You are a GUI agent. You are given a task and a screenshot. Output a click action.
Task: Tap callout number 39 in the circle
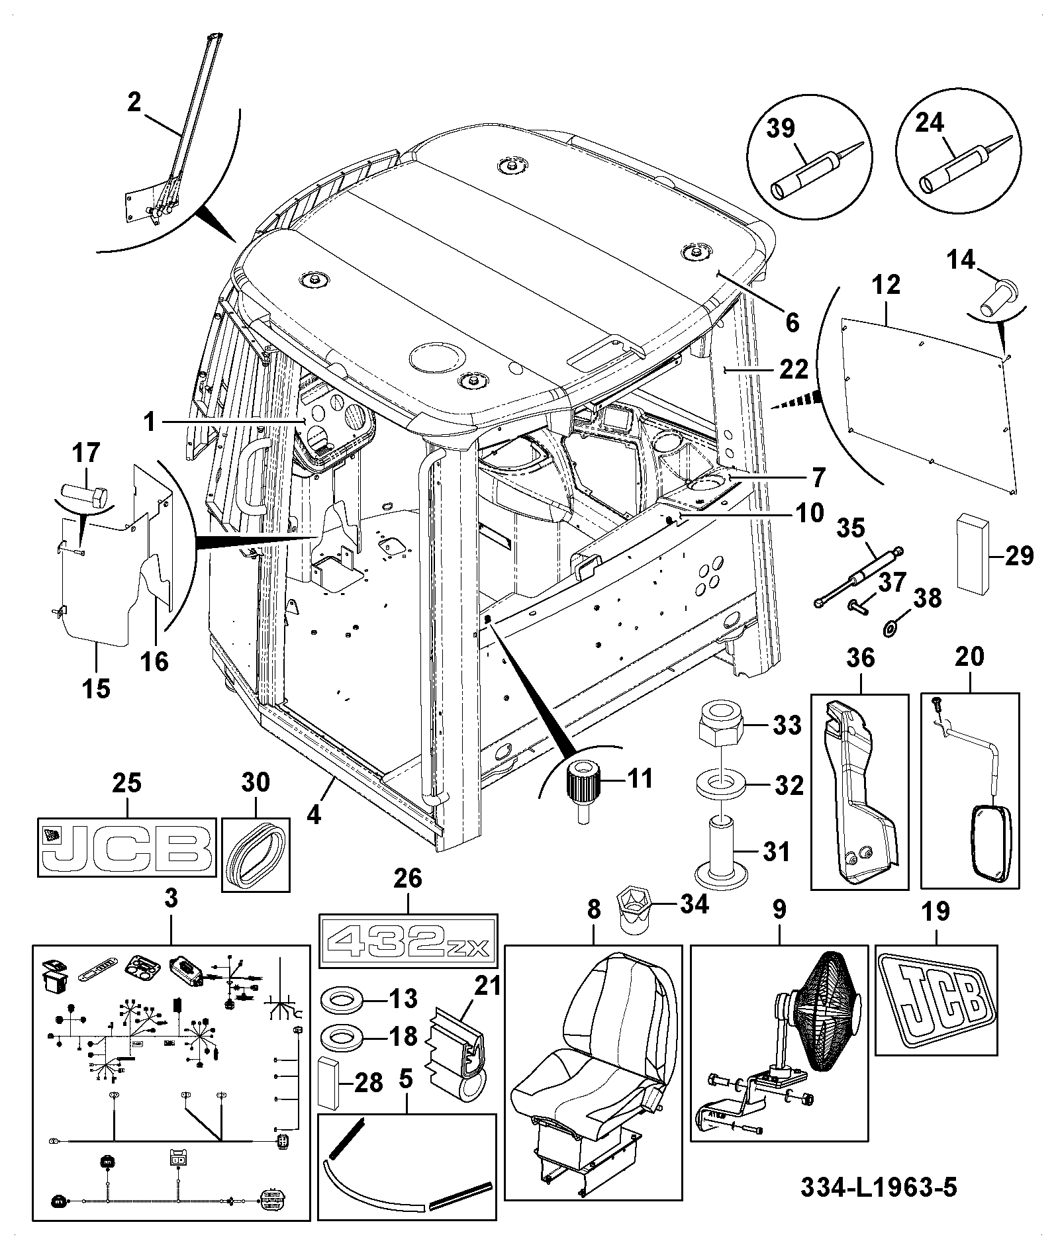tap(781, 127)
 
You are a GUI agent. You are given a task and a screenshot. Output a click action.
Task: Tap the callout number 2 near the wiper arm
tap(134, 103)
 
